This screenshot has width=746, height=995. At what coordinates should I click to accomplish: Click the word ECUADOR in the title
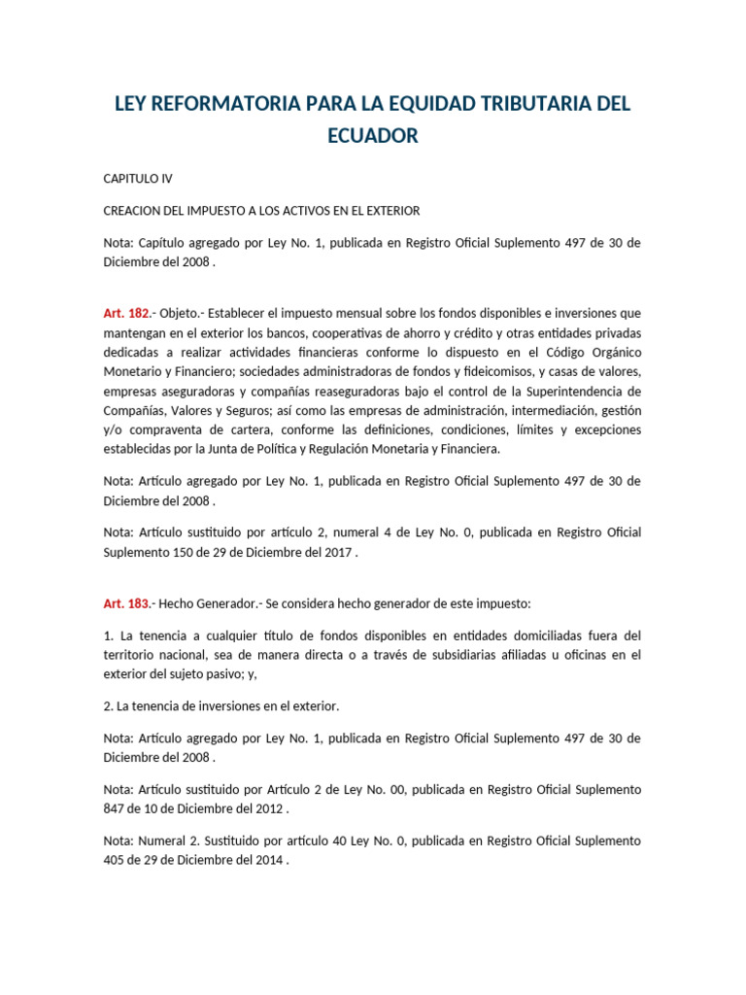[373, 135]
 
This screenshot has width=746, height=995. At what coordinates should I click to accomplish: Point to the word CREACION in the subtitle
[134, 211]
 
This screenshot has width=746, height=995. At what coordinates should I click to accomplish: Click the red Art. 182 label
[126, 313]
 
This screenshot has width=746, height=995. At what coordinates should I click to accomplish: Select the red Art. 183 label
[126, 603]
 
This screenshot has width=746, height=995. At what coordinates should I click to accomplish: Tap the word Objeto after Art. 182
[180, 313]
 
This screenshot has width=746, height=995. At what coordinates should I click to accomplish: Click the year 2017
[334, 551]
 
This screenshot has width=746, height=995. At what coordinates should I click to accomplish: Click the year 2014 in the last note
[266, 860]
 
